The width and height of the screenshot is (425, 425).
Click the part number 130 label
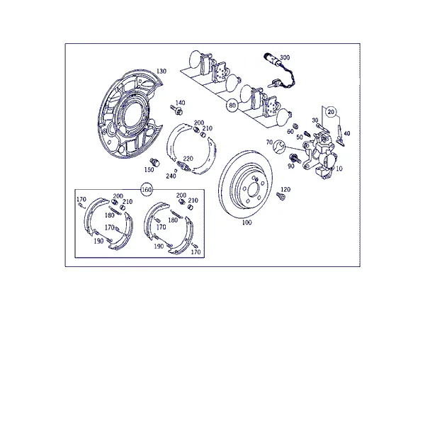(x=161, y=72)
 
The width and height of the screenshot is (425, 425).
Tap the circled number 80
(x=232, y=105)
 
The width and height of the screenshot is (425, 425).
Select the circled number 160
(x=147, y=189)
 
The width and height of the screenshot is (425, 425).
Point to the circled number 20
(x=331, y=112)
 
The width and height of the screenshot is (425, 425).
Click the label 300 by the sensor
(x=285, y=57)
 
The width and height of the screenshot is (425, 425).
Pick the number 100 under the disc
(x=246, y=222)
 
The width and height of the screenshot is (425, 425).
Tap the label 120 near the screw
(x=285, y=189)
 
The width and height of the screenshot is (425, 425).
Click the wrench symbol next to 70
(x=278, y=147)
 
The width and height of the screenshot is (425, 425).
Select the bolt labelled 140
(x=176, y=110)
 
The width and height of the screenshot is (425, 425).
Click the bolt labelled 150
(x=154, y=161)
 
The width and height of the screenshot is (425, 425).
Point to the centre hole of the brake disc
(x=253, y=189)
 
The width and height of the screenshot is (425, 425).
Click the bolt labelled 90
(x=295, y=158)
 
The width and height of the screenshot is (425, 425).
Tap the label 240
(x=171, y=176)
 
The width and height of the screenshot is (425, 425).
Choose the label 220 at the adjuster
(x=188, y=159)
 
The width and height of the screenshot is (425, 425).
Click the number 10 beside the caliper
(x=339, y=169)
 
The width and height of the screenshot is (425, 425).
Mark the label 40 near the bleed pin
(x=347, y=133)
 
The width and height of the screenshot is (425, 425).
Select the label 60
(x=290, y=132)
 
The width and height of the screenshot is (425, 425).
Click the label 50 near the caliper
(x=300, y=137)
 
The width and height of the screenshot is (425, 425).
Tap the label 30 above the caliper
(x=314, y=120)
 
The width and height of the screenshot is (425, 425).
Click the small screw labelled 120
(x=280, y=196)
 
